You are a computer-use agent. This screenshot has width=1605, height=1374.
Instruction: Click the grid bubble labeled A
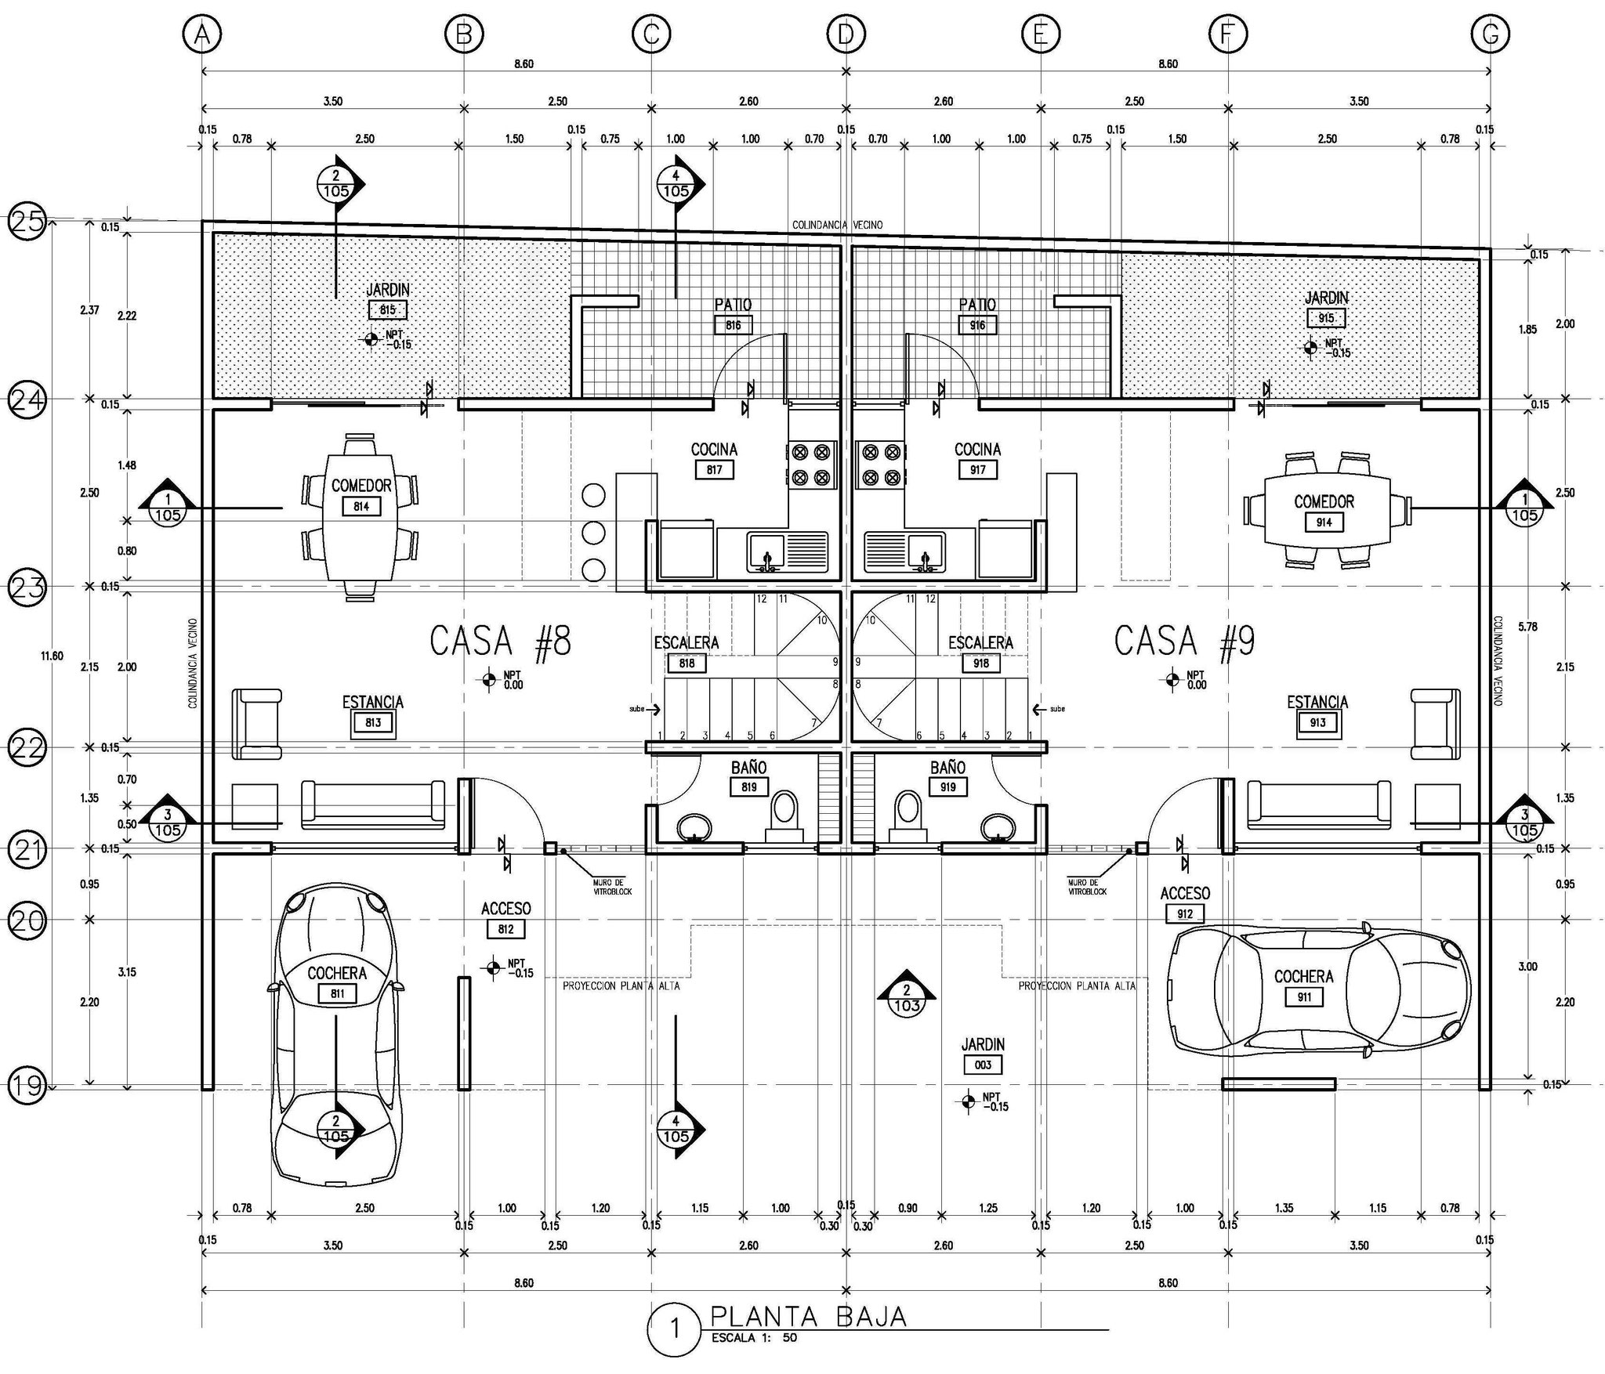[x=202, y=34]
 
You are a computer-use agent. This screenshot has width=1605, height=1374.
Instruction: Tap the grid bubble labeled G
[x=1490, y=34]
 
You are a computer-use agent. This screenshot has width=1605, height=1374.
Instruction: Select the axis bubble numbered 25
[x=26, y=222]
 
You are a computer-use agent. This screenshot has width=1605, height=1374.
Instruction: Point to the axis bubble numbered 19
[x=26, y=1086]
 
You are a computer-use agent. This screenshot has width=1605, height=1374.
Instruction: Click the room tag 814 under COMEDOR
[x=360, y=506]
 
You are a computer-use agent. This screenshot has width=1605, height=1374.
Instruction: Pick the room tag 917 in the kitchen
[x=977, y=469]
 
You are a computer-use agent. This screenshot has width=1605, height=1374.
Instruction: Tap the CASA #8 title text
[x=501, y=641]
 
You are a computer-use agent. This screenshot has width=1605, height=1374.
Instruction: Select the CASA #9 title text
[x=1184, y=641]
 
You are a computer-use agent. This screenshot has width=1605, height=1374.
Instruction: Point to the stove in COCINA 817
[x=811, y=465]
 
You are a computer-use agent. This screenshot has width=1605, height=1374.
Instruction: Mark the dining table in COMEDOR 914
[x=1324, y=511]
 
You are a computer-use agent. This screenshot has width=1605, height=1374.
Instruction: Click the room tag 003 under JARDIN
[x=983, y=1065]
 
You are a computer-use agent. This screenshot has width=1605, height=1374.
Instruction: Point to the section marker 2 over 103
[x=906, y=996]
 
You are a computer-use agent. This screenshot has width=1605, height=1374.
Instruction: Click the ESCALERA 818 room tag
[x=687, y=663]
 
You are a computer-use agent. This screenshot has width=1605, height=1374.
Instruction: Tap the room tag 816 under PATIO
[x=733, y=325]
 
